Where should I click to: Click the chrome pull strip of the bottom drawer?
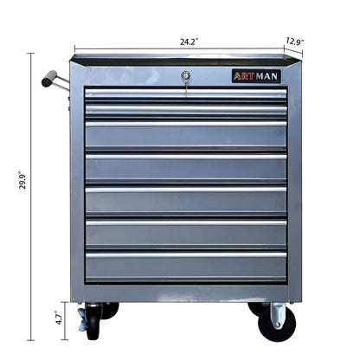click(x=185, y=254)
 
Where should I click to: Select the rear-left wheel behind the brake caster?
click(x=110, y=310)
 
